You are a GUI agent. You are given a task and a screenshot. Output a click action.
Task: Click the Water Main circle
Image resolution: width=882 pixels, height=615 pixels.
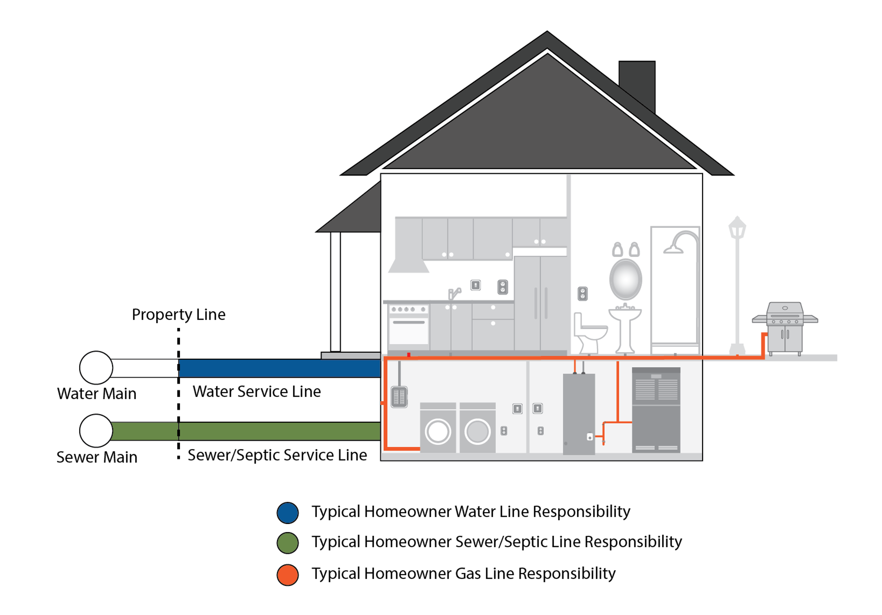[96, 368]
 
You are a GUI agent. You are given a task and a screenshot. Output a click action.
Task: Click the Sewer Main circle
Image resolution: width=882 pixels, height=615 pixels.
[96, 431]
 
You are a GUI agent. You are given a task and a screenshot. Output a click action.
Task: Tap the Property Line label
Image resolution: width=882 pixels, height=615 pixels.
[179, 315]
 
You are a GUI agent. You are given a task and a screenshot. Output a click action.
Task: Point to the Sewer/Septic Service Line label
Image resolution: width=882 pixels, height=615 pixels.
[277, 455]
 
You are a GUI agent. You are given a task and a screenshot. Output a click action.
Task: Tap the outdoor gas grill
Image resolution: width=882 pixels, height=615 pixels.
[785, 327]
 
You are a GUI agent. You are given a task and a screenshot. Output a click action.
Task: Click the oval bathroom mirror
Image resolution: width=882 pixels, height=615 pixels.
[625, 279]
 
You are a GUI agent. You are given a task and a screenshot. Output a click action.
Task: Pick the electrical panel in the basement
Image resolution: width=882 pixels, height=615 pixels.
[399, 397]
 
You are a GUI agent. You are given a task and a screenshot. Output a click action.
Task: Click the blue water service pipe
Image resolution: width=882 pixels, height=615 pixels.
[280, 368]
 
